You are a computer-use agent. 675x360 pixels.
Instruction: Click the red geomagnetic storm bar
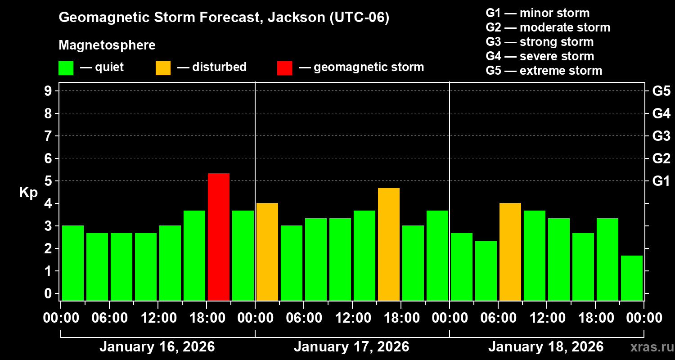(x=219, y=237)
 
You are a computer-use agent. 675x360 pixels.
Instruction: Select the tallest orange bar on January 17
(x=389, y=244)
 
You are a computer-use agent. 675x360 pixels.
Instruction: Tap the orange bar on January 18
(x=510, y=252)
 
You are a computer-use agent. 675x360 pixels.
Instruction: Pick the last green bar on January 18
(x=632, y=278)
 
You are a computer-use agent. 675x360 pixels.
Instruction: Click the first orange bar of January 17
(x=267, y=252)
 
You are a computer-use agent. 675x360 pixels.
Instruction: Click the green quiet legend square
(x=66, y=67)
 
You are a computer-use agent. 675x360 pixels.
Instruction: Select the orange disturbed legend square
(x=163, y=67)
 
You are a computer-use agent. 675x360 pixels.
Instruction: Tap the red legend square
(x=284, y=67)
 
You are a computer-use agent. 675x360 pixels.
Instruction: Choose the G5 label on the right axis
(x=661, y=91)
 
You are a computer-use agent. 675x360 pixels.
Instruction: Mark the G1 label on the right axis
(x=661, y=181)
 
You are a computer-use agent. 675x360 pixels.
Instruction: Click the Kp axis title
(x=28, y=193)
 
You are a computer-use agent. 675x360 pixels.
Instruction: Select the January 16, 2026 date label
(x=157, y=347)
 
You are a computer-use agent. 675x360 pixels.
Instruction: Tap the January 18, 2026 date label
(x=546, y=347)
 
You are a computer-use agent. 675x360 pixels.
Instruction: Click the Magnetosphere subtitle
(x=107, y=45)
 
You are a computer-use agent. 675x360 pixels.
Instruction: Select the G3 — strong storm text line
(x=540, y=42)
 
